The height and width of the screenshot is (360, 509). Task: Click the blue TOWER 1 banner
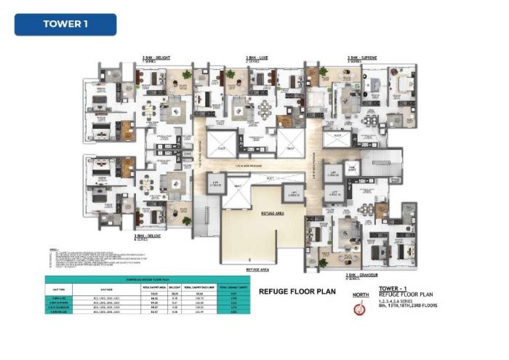tap(65, 24)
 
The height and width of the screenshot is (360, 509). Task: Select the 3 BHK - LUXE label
tap(256, 56)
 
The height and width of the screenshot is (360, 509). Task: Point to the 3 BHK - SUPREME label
tap(363, 56)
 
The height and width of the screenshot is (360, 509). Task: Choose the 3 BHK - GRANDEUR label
tap(364, 275)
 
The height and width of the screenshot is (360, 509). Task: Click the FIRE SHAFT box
tap(352, 168)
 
